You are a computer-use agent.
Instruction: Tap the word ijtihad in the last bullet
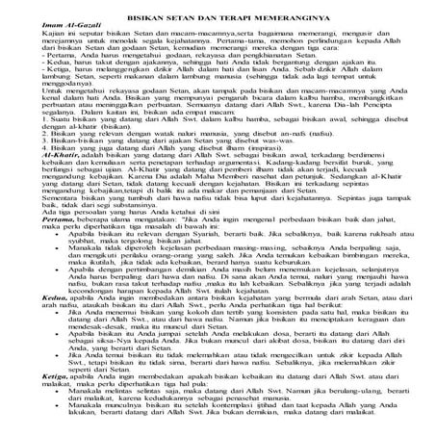(276, 426)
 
